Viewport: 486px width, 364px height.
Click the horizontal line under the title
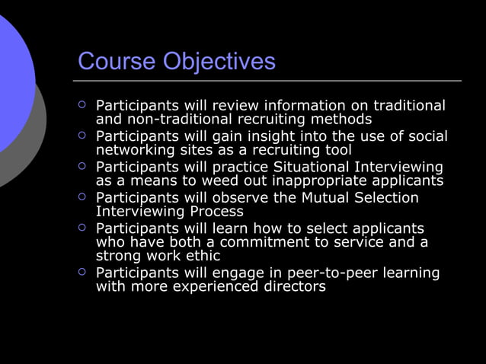[x=267, y=80]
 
